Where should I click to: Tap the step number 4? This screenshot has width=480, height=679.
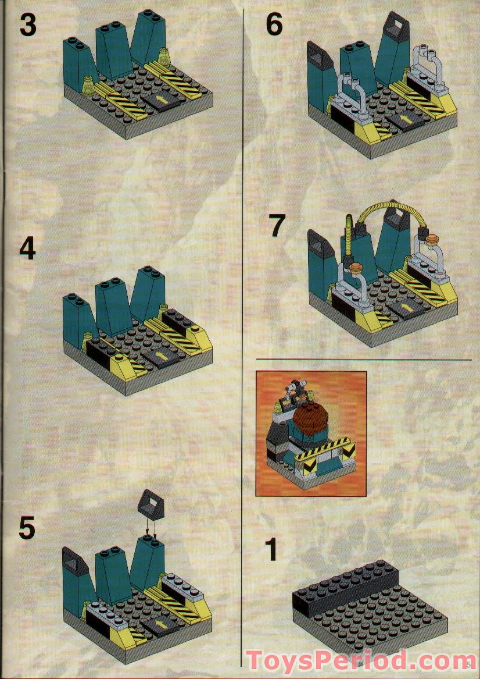tap(28, 250)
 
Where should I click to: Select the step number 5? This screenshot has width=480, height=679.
tap(27, 528)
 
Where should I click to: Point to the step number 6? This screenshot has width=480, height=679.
tap(274, 26)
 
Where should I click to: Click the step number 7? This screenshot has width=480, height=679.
tap(278, 226)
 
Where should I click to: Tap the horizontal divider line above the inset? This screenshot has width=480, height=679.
tap(363, 360)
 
